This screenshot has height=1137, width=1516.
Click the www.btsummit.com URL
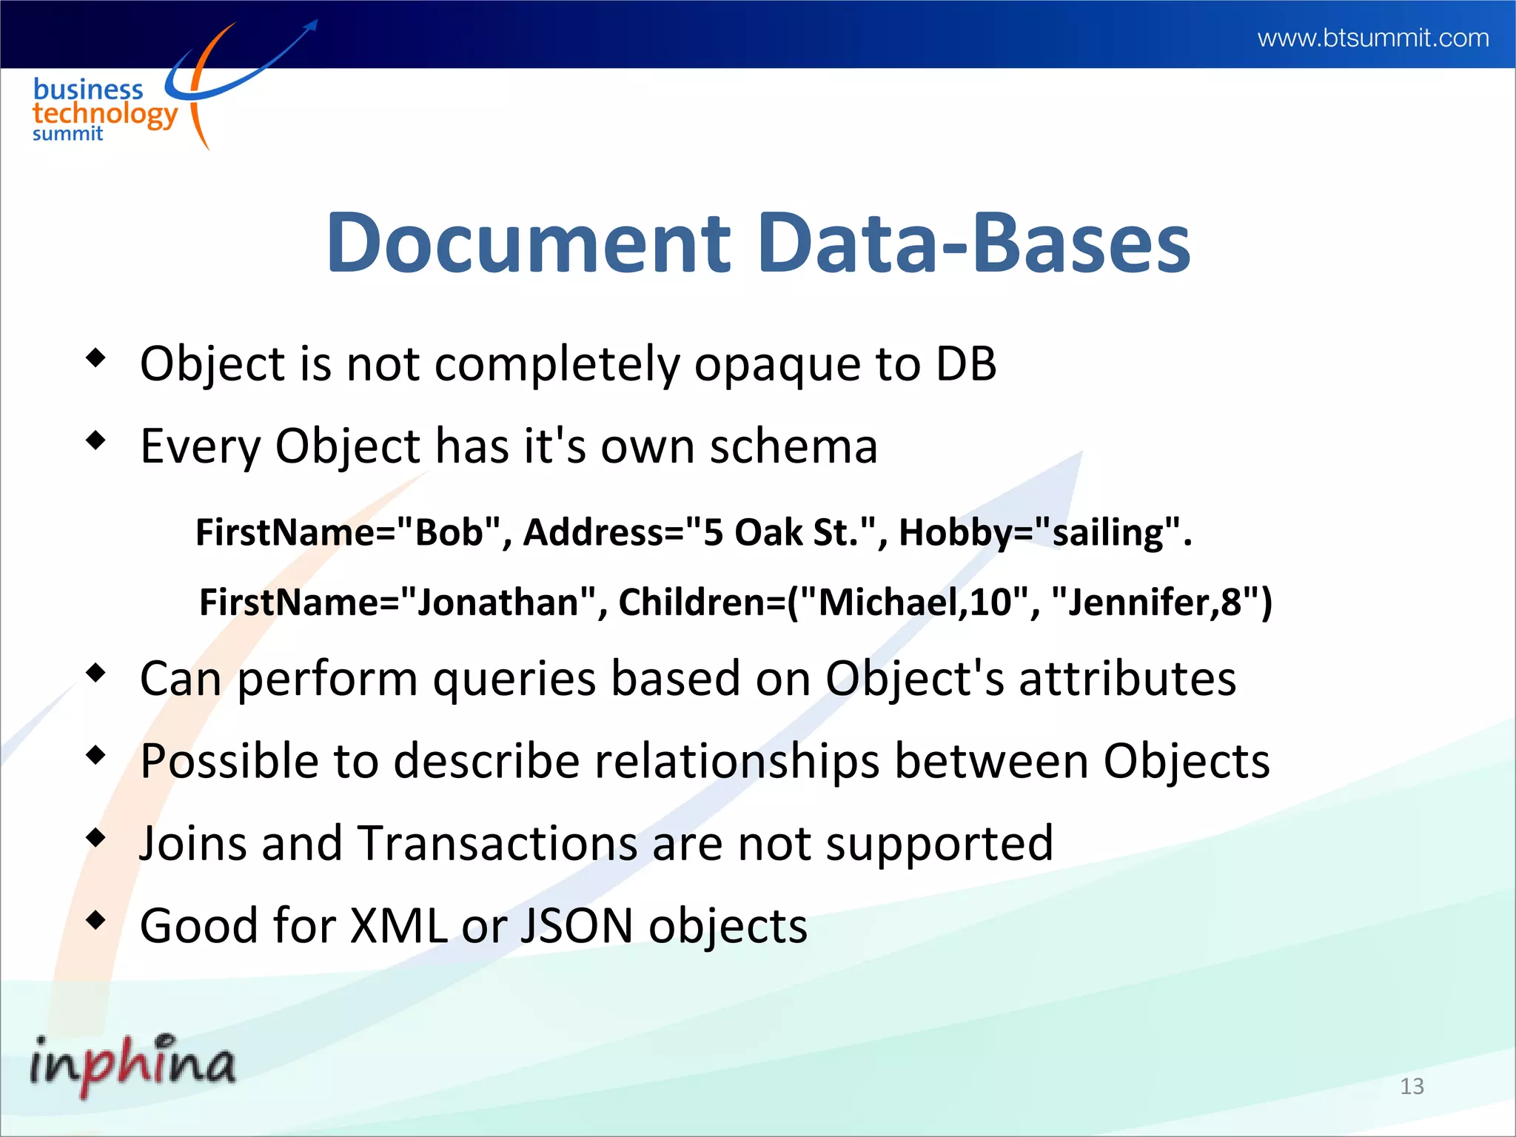click(1372, 38)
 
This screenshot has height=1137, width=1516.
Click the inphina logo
click(133, 1064)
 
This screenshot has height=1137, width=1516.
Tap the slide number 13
click(1412, 1086)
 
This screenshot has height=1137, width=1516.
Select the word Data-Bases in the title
click(974, 243)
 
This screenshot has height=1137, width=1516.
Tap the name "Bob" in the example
click(450, 532)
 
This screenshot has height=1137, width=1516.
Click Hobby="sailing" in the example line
click(1039, 532)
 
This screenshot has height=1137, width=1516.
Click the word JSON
click(576, 926)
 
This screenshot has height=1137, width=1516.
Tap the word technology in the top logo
click(105, 114)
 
